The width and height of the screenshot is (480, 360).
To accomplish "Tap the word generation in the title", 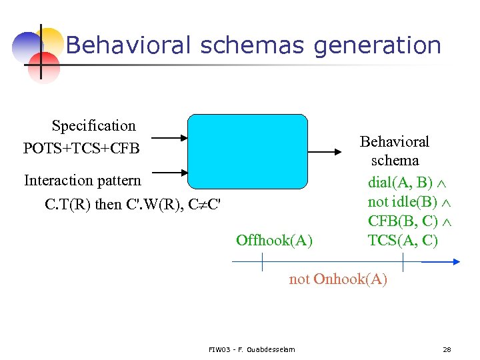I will (x=377, y=45).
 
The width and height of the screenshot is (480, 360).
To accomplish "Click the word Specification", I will (x=93, y=125).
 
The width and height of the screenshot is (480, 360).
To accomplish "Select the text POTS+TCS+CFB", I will (x=81, y=147).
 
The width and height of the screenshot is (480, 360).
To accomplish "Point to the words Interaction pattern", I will (x=83, y=180).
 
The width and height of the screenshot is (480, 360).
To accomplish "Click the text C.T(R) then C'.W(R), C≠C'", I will (x=132, y=203).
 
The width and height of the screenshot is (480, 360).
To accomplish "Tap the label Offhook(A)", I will (x=274, y=240).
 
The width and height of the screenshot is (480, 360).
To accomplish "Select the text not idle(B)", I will (x=402, y=201).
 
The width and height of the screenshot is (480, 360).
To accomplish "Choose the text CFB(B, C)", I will (x=402, y=221).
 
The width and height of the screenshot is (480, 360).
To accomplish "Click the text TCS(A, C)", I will (x=403, y=240).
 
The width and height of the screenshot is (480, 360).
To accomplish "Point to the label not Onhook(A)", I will (x=337, y=279).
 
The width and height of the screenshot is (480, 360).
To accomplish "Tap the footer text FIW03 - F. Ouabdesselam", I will (x=252, y=349).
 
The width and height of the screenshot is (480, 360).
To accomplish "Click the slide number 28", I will (x=447, y=349).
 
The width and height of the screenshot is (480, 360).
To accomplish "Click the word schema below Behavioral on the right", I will (x=395, y=161).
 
